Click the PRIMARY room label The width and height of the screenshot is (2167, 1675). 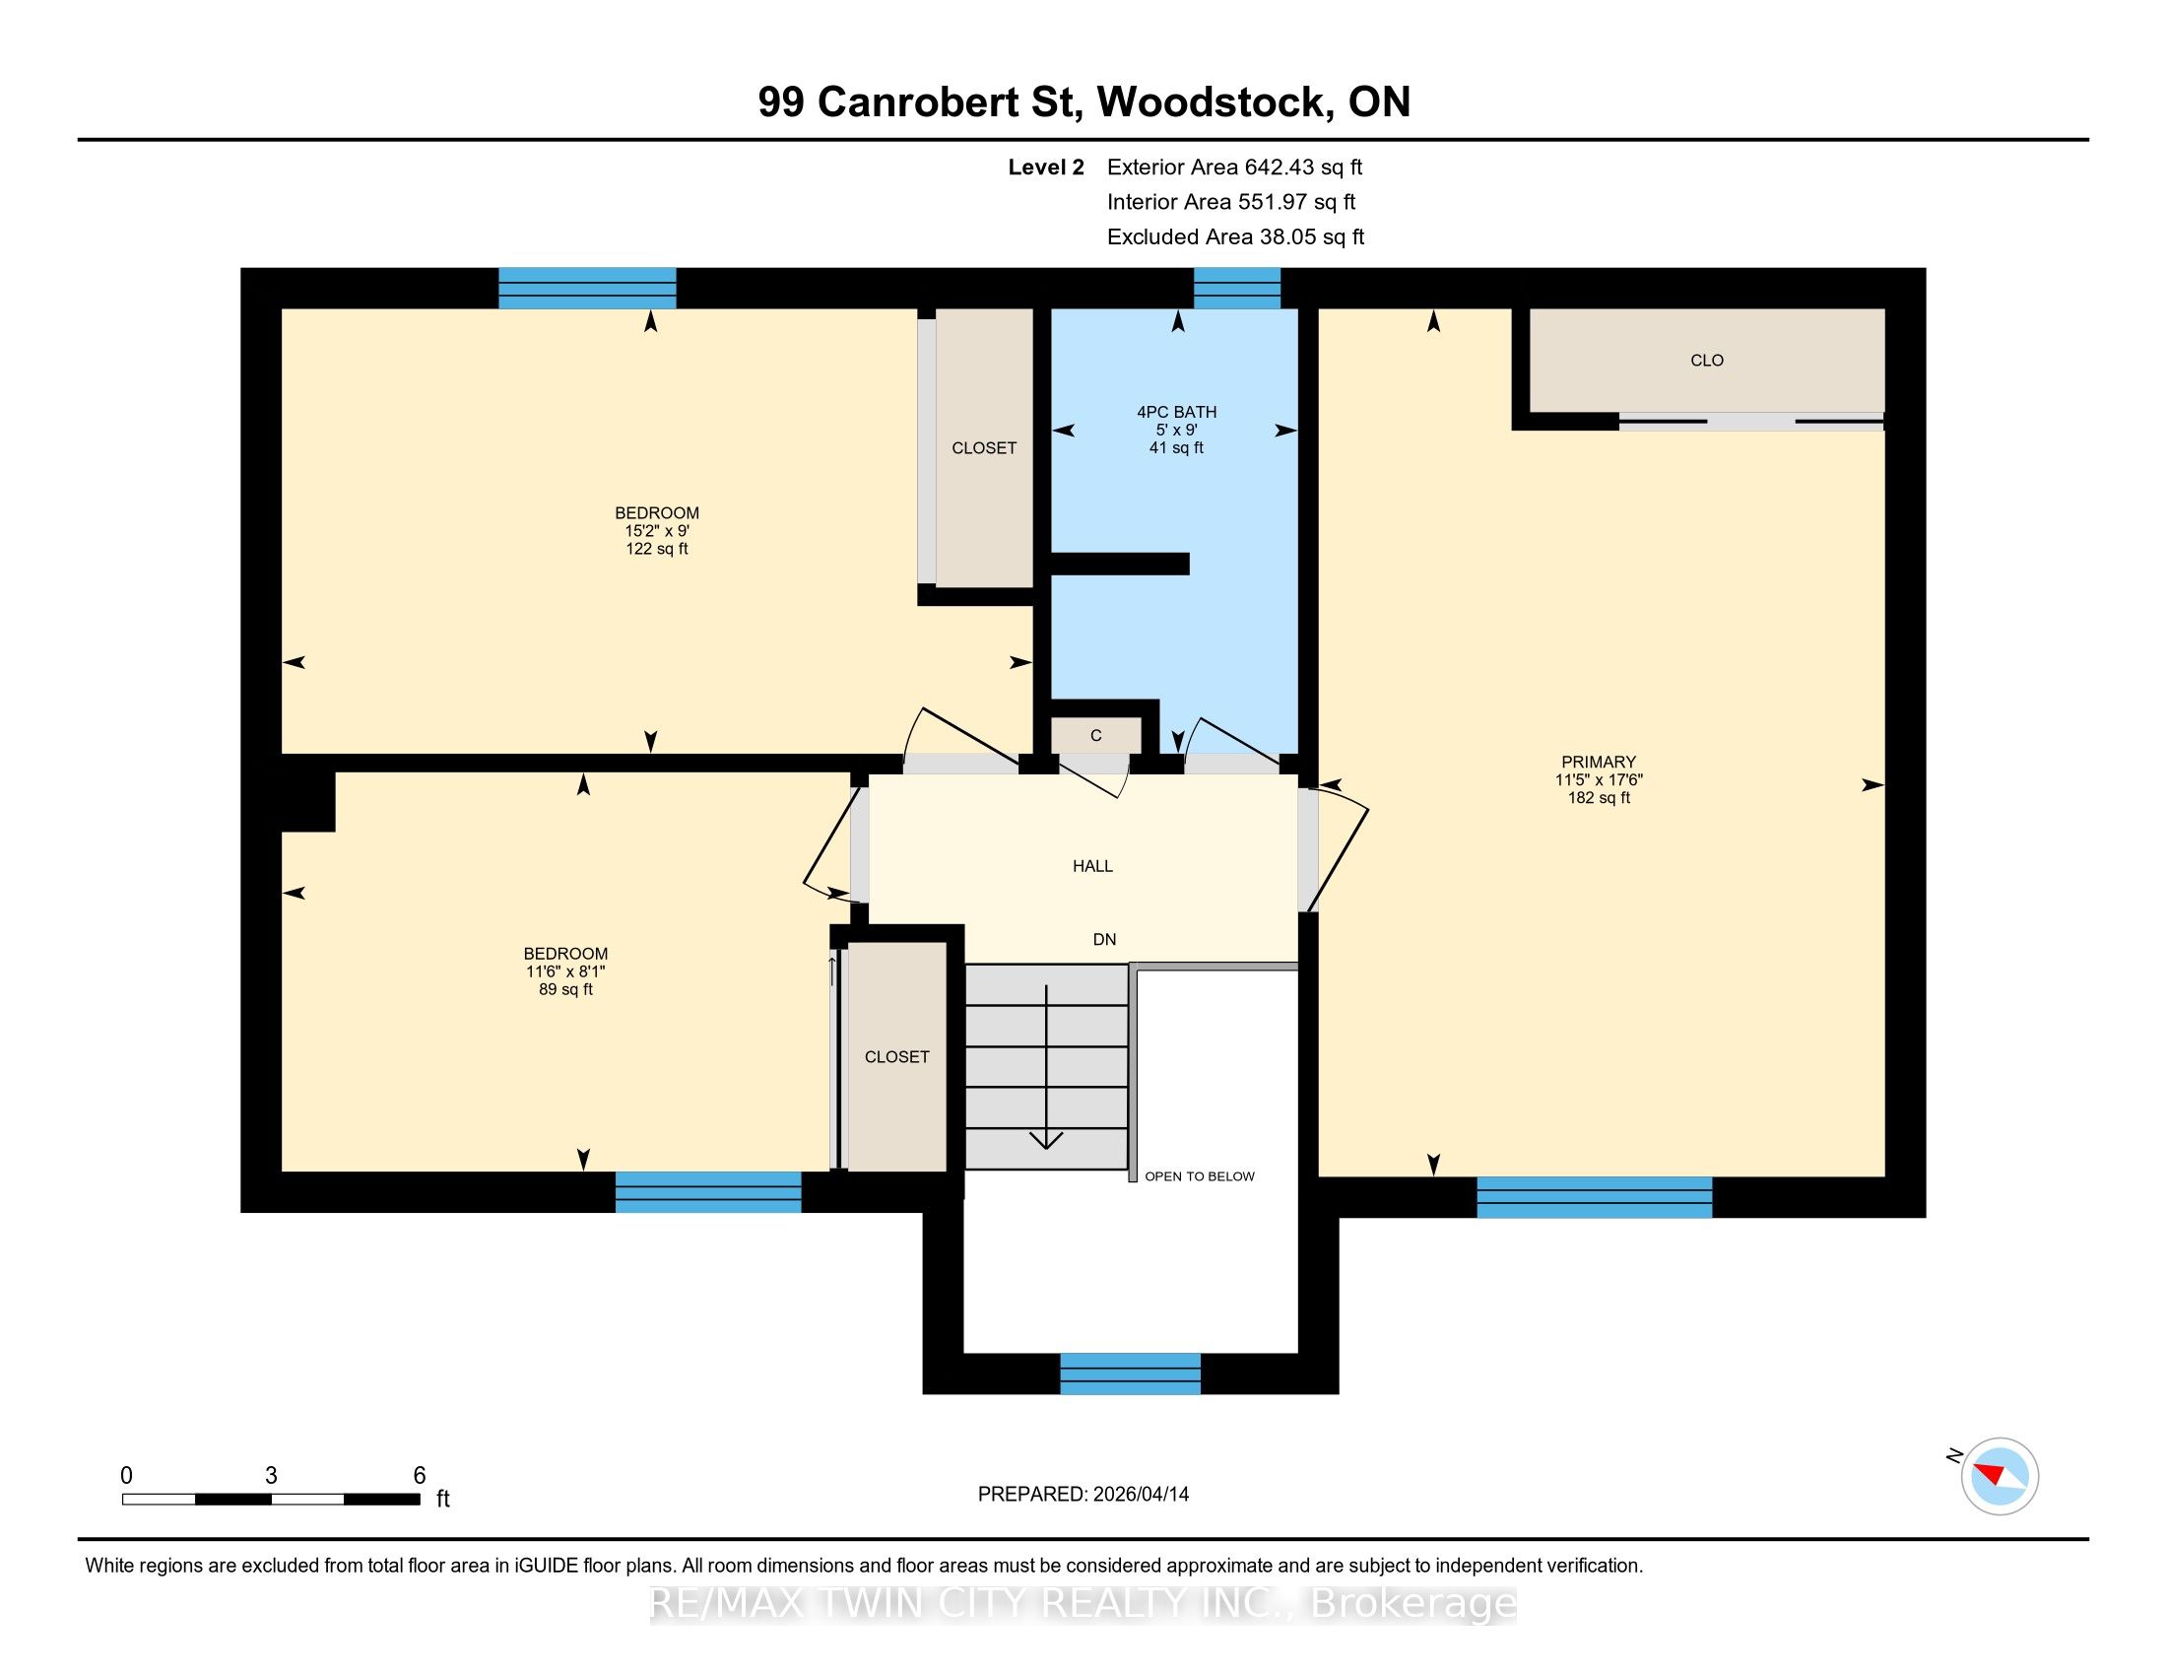coord(1598,762)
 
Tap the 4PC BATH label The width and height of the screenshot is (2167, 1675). coord(1177,412)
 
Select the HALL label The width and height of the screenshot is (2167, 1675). coord(1092,866)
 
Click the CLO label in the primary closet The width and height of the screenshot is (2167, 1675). coord(1707,361)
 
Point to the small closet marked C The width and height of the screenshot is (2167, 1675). coord(1096,735)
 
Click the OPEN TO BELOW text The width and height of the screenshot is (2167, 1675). coord(1200,1175)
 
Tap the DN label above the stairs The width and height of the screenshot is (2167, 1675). coord(1104,939)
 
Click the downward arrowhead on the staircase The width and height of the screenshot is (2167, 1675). coord(1047,1140)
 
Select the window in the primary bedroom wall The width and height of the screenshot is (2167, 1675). coord(1595,1197)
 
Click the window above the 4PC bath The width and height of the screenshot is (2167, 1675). coord(1236,289)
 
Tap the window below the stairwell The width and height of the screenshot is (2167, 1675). coord(1130,1373)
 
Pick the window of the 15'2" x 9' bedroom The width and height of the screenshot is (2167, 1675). coord(587,289)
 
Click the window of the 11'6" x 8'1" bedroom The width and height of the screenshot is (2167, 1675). coord(708,1192)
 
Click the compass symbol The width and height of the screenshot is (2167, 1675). coord(2000,1476)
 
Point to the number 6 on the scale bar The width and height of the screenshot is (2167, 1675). coord(420,1476)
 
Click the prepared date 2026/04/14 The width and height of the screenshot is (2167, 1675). coord(1140,1495)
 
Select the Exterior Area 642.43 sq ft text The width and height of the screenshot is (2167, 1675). coord(1234,167)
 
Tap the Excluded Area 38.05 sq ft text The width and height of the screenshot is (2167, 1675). coord(1235,237)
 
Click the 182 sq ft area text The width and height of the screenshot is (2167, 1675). coord(1599,798)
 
